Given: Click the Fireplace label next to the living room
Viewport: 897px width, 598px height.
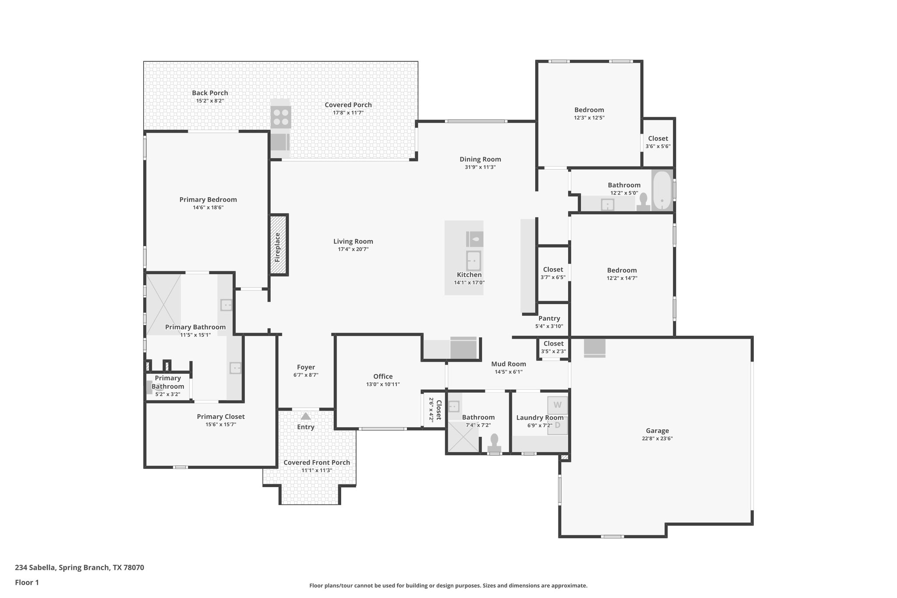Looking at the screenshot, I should [277, 248].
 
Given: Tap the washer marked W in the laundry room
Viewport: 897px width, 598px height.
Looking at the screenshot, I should [557, 405].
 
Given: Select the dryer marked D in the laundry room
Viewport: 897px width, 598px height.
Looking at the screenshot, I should [558, 425].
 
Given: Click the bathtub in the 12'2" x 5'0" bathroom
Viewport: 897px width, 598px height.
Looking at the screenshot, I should [662, 191].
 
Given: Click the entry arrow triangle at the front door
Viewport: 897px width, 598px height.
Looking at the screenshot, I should [306, 416].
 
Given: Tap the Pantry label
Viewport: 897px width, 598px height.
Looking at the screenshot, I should [549, 318].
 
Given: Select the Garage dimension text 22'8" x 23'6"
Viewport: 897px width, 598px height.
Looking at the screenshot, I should [657, 439].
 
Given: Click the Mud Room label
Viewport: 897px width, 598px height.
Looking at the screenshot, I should [508, 364].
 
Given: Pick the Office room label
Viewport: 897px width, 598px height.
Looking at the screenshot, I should [383, 376].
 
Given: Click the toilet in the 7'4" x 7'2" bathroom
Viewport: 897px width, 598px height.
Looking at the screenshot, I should [494, 442].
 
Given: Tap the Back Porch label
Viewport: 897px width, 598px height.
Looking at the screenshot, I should [210, 93].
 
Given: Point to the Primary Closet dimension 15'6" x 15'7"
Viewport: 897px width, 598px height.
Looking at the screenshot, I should [220, 425].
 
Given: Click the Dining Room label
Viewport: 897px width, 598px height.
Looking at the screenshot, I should [480, 159].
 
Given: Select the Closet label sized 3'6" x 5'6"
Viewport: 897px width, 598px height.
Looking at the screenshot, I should [658, 138].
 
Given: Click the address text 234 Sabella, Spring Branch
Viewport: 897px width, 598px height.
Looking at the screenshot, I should [79, 567].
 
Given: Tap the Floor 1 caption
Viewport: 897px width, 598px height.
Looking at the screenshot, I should [27, 582].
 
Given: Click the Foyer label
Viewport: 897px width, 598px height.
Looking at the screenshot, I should [306, 367].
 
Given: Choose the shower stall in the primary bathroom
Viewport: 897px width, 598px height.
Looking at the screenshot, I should [163, 304].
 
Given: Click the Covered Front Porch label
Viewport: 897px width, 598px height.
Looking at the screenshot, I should [316, 463].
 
